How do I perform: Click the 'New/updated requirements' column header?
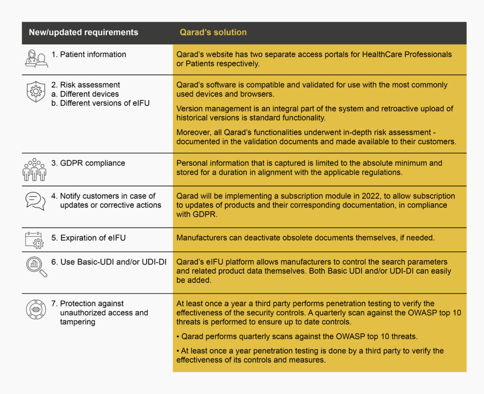[83, 33]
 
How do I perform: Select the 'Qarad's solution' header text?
[213, 33]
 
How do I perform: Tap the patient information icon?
[36, 59]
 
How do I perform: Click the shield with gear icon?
[36, 92]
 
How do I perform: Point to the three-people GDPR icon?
[35, 169]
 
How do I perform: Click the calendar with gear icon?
[35, 239]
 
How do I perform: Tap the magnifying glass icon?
[36, 267]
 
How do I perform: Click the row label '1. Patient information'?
[88, 54]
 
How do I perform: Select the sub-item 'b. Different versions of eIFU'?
[100, 103]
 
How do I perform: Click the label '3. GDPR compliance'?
[88, 163]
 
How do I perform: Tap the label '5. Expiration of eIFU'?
[88, 238]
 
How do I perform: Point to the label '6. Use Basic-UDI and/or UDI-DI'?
[109, 262]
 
